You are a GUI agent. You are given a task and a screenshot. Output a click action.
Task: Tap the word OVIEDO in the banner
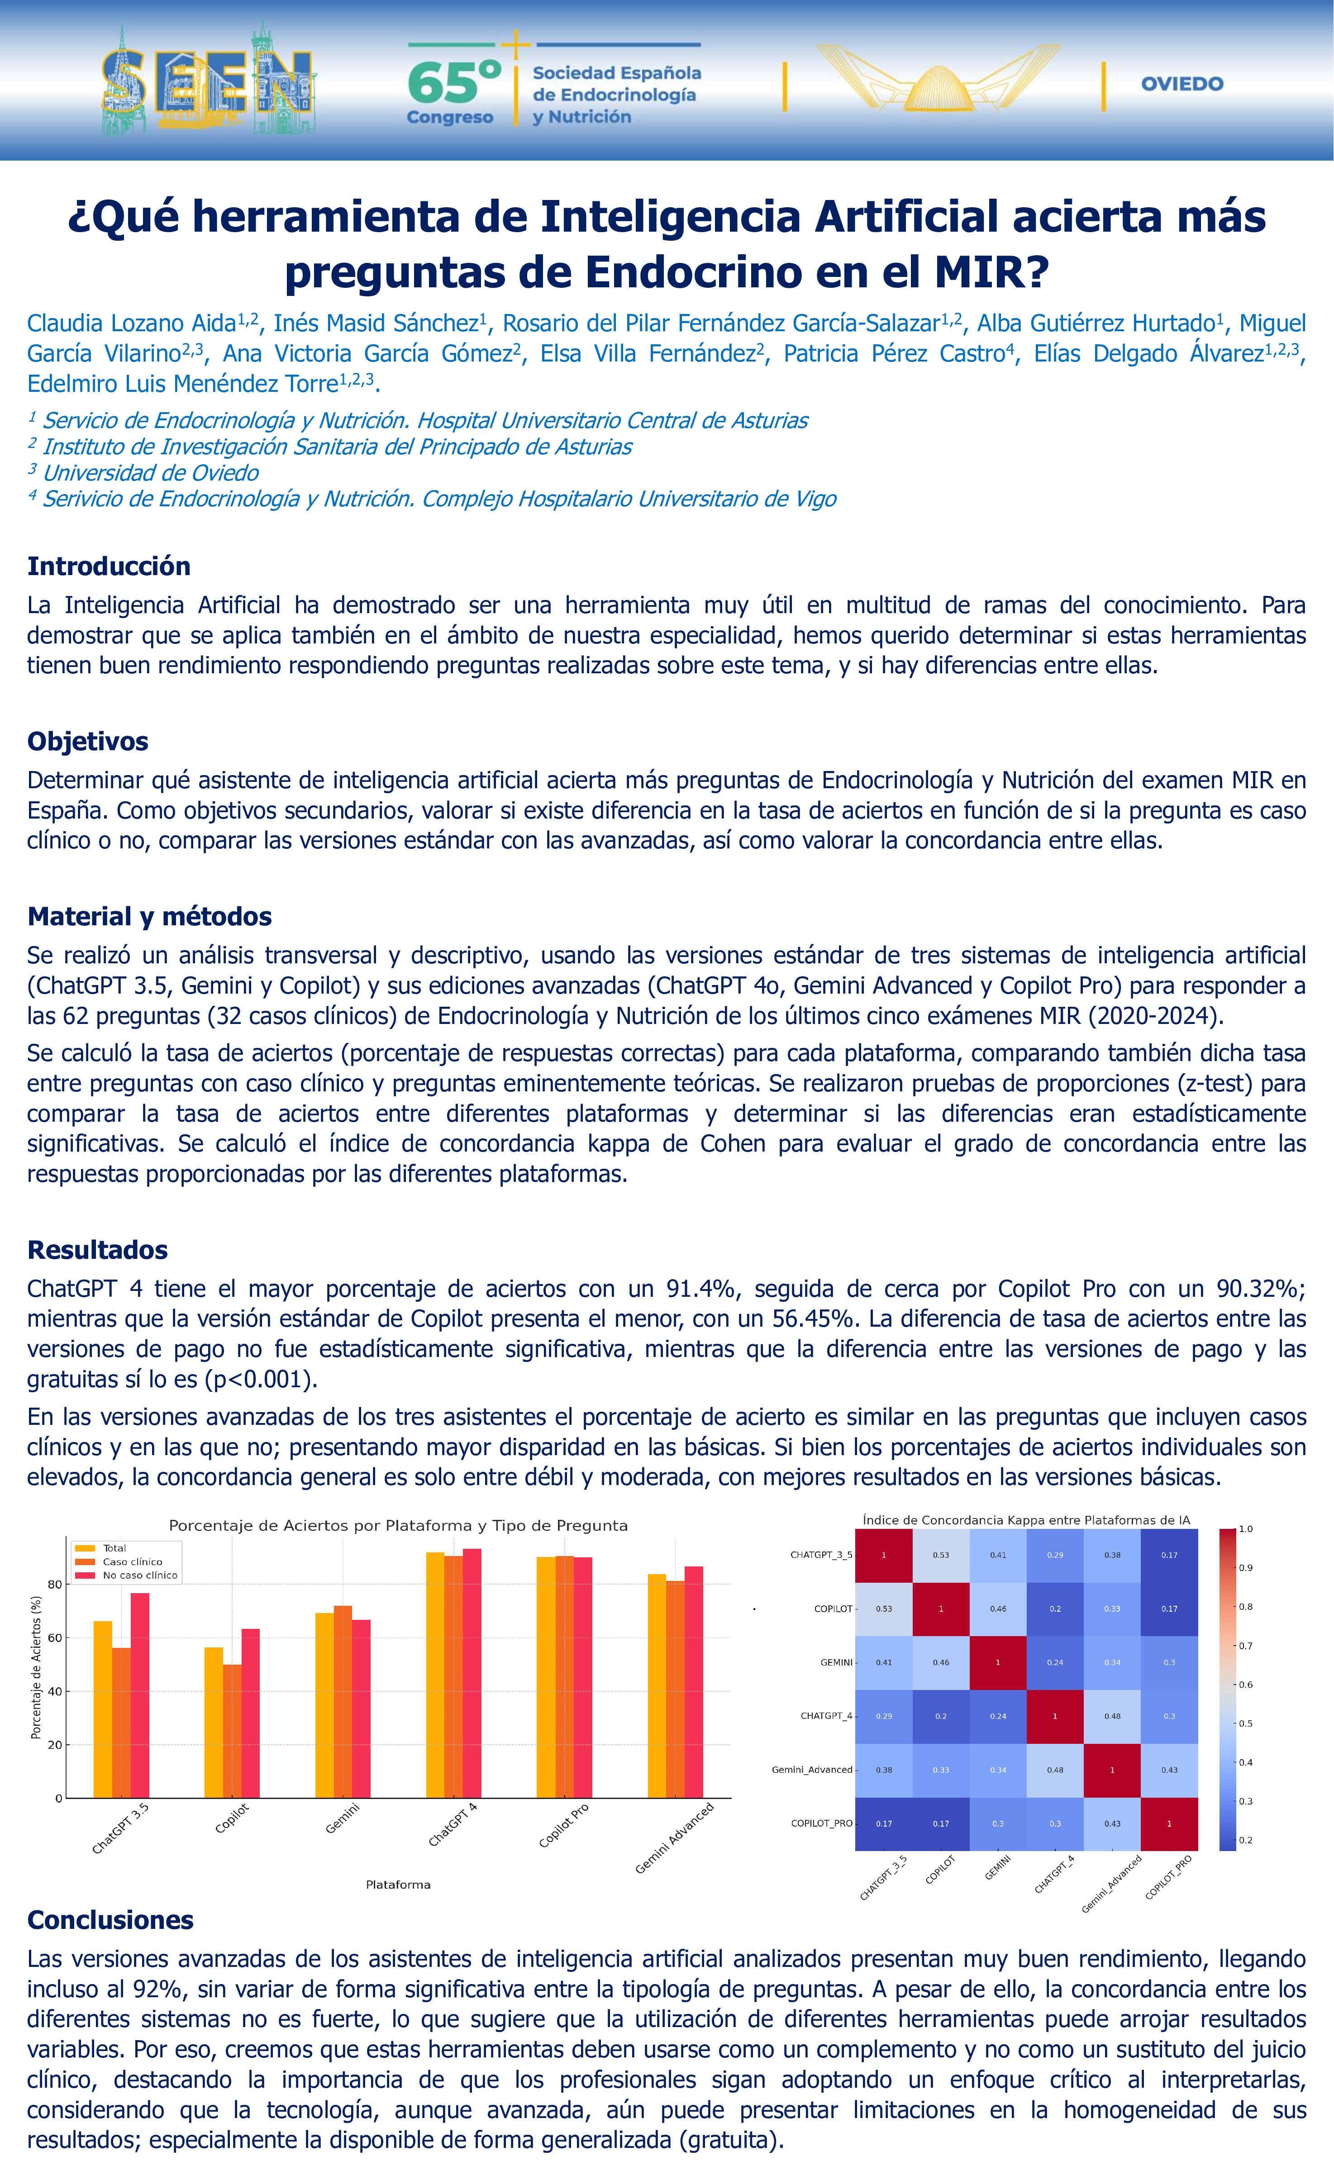1182,84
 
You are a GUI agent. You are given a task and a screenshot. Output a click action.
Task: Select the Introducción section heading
109,566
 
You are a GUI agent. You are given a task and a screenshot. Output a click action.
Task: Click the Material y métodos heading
149,917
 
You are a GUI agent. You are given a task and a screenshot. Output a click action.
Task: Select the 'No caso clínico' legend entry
140,1576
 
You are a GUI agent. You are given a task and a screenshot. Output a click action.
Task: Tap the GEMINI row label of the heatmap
836,1662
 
